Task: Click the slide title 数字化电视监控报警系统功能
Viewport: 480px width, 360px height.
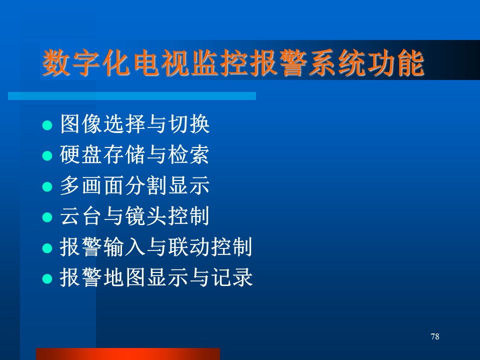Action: (233, 63)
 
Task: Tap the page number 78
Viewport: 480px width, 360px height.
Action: (434, 336)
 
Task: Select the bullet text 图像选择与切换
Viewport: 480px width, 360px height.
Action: (134, 123)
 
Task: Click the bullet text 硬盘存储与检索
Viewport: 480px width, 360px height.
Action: (134, 154)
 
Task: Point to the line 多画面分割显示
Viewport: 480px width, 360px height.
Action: (134, 185)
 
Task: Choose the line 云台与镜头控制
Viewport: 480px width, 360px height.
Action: (134, 216)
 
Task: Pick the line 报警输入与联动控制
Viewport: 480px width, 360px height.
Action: (156, 246)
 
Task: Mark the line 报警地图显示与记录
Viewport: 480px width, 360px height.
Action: (156, 277)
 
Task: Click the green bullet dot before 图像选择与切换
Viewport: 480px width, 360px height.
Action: (47, 125)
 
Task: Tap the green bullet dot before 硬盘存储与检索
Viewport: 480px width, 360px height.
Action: (47, 156)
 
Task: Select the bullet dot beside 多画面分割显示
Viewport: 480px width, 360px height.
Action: (47, 186)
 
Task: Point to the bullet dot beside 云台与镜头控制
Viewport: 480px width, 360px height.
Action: (47, 217)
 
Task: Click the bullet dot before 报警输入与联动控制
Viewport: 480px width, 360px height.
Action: (47, 248)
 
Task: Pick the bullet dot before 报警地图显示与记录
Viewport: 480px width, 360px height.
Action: (47, 278)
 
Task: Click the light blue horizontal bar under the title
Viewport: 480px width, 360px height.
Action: (132, 96)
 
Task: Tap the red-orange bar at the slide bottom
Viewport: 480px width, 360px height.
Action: (128, 354)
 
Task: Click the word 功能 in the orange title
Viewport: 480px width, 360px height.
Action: (396, 63)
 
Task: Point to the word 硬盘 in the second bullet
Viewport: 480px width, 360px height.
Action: (81, 154)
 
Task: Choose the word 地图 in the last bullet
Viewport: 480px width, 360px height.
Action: (124, 277)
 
